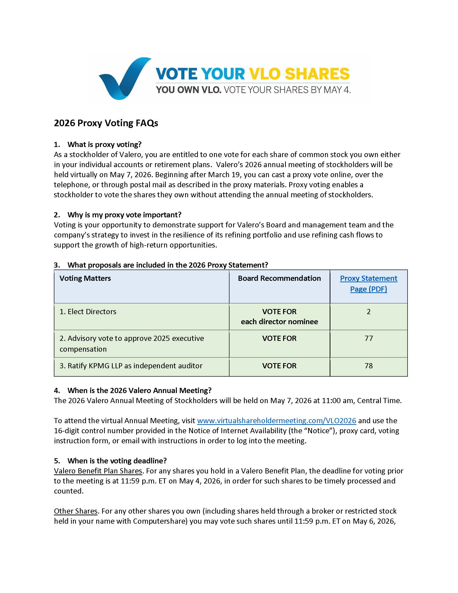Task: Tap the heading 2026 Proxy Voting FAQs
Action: [x=106, y=123]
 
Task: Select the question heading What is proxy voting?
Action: [x=105, y=144]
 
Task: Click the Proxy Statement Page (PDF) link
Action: [x=368, y=284]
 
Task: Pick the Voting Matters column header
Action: [x=85, y=278]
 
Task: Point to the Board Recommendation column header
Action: [x=279, y=278]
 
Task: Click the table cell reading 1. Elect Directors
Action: [x=88, y=311]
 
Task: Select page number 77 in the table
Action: [x=368, y=338]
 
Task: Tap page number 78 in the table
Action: [x=368, y=366]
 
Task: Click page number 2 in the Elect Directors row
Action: [x=368, y=311]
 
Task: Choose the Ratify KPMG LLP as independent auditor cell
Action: [x=131, y=366]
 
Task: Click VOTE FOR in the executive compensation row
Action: [x=279, y=338]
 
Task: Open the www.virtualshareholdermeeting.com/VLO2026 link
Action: [x=276, y=420]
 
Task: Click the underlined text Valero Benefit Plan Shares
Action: [x=98, y=471]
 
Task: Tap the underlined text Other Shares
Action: [x=75, y=511]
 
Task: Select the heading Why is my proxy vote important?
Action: [x=124, y=215]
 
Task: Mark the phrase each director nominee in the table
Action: [x=279, y=322]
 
